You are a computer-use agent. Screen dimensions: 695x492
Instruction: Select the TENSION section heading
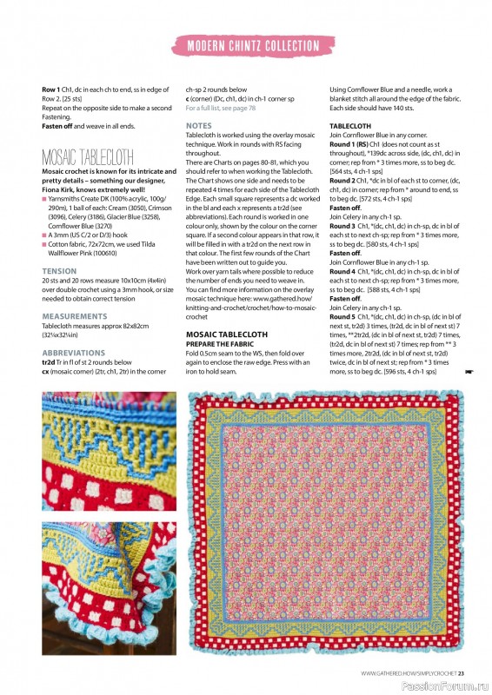[x=59, y=272]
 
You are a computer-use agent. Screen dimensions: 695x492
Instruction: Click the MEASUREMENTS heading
[x=75, y=316]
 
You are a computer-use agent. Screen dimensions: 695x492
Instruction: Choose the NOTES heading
[x=198, y=126]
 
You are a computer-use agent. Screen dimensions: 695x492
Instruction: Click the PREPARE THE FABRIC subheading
[x=221, y=343]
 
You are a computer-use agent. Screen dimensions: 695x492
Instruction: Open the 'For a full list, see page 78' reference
[x=221, y=108]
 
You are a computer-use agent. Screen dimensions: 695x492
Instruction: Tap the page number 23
[x=462, y=672]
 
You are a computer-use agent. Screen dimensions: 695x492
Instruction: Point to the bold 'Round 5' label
[x=343, y=316]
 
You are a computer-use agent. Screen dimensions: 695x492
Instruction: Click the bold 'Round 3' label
[x=343, y=226]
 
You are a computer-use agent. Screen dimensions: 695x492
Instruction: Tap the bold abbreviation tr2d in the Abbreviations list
[x=50, y=362]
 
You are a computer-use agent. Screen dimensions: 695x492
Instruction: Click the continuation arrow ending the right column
[x=469, y=372]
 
